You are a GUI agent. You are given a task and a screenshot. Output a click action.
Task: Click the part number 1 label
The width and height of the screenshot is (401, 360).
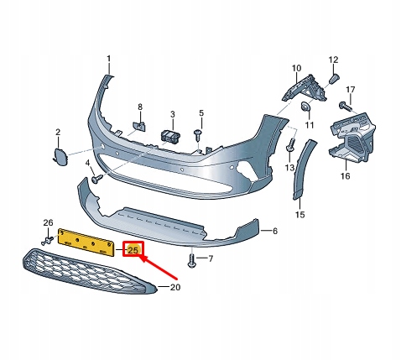(x=108, y=59)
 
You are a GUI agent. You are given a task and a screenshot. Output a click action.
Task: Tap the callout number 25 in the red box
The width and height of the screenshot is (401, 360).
(x=133, y=249)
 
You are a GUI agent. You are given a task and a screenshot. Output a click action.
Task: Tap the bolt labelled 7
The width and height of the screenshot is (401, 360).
(x=192, y=260)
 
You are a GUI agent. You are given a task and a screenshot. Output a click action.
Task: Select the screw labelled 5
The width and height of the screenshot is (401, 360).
(x=197, y=133)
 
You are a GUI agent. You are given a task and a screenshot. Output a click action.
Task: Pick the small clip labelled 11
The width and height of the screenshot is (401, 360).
(x=306, y=107)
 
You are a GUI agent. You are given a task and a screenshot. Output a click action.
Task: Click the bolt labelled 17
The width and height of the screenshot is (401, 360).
(x=345, y=107)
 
